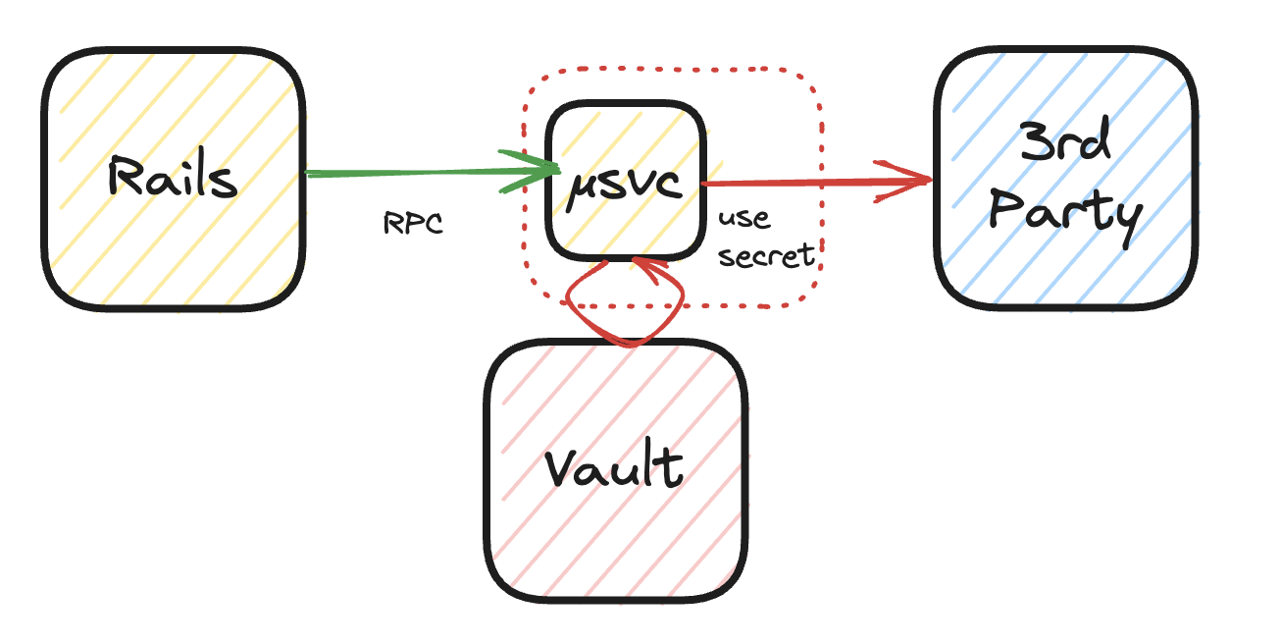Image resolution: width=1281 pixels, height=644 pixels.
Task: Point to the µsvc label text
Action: coord(625,185)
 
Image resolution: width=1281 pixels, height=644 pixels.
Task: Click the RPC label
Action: coord(413,224)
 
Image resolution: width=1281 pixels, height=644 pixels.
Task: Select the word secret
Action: coord(767,255)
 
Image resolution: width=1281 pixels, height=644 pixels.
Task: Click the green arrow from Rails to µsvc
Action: coord(412,173)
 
